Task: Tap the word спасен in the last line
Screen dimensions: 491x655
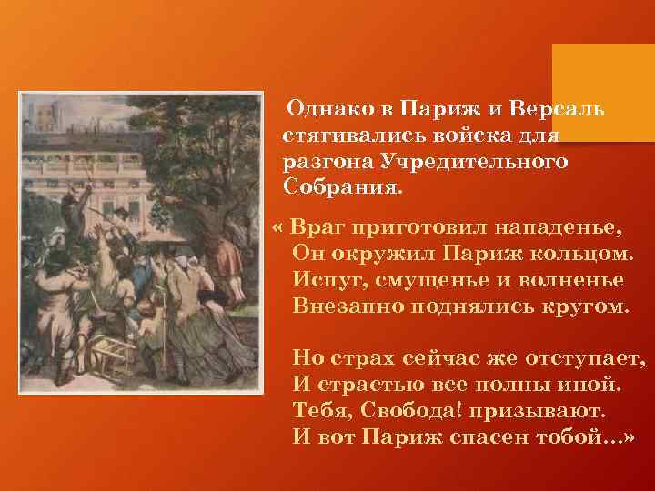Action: (x=494, y=436)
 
